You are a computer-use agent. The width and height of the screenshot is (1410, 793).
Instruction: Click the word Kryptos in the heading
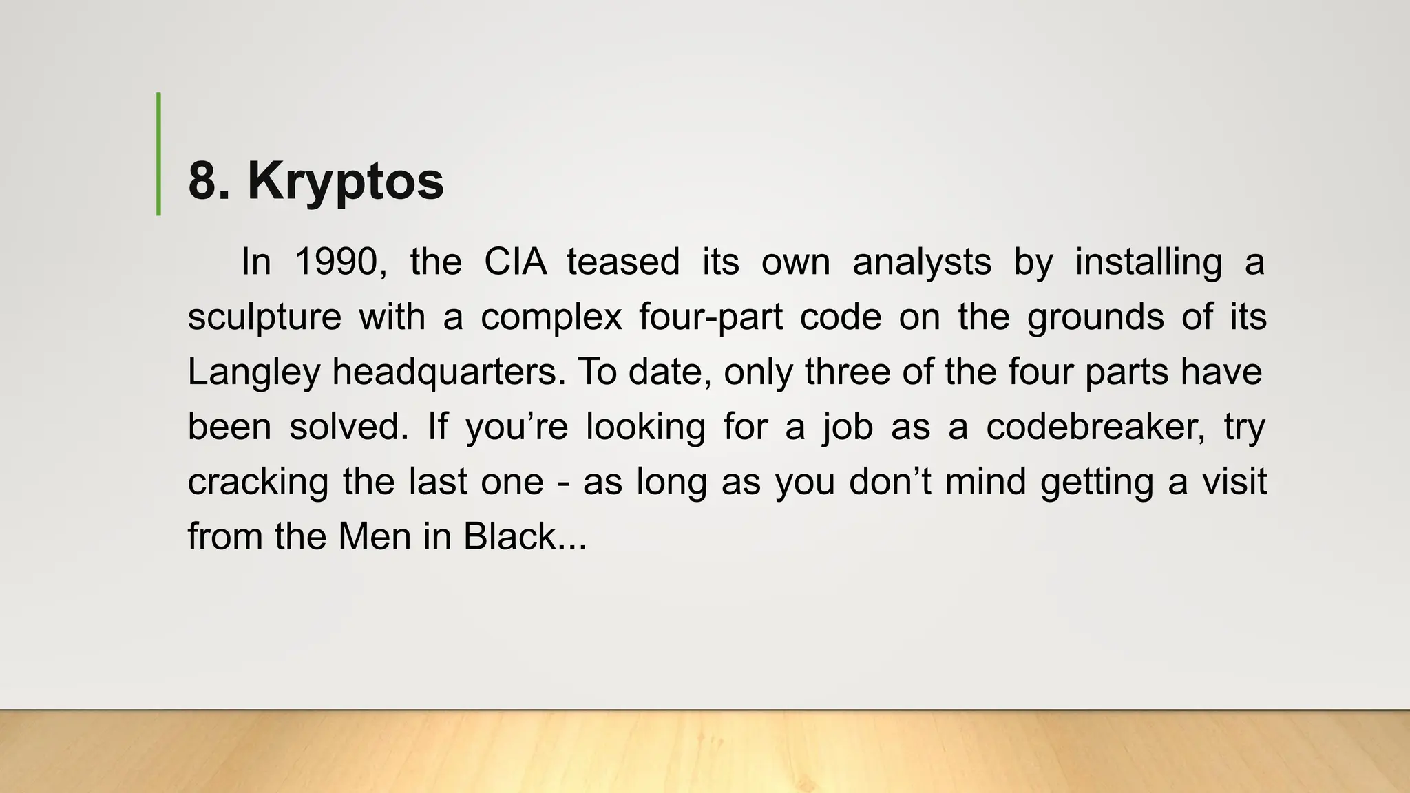coord(346,182)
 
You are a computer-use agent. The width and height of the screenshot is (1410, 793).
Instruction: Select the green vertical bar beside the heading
coord(159,154)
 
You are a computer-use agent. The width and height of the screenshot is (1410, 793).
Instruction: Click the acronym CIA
coord(515,262)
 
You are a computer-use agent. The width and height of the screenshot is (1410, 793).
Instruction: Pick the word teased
coord(623,262)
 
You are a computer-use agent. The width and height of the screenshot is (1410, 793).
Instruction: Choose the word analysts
coord(922,262)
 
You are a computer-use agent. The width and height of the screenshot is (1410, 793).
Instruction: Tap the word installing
coord(1148,262)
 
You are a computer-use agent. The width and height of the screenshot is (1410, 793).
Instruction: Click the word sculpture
coord(264,317)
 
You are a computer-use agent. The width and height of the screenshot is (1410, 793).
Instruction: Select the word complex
coord(551,317)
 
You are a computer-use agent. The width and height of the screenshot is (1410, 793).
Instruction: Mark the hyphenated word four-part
coord(711,317)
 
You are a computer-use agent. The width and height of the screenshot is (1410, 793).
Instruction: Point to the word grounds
coord(1095,317)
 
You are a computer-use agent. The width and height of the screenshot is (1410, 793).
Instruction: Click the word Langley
coord(254,372)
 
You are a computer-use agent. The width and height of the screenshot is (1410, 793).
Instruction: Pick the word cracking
coord(258,482)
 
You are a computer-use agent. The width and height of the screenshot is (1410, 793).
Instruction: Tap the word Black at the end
coord(510,537)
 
